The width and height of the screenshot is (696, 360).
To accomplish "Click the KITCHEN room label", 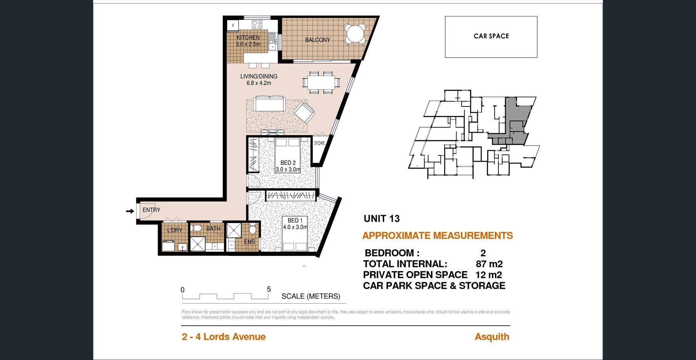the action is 248,37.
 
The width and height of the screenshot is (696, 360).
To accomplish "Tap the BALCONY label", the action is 317,40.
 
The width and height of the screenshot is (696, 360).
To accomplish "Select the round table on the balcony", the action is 355,34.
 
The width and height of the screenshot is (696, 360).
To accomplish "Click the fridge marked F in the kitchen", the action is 233,26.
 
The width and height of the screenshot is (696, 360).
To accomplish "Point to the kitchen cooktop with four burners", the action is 257,25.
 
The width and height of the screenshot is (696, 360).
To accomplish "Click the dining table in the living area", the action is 321,82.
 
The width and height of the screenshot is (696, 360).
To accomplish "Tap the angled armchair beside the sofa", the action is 304,112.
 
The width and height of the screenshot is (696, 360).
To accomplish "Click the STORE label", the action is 319,143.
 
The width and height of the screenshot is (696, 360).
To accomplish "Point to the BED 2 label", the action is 288,163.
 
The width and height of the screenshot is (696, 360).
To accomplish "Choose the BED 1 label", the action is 295,220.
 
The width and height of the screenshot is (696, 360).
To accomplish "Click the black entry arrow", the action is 130,211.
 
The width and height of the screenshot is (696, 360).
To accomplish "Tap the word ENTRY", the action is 151,210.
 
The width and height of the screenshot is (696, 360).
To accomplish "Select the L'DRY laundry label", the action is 175,230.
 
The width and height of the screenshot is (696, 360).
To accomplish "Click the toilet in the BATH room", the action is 197,228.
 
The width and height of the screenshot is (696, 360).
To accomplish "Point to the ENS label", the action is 250,242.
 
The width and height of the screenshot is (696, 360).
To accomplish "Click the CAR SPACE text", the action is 491,36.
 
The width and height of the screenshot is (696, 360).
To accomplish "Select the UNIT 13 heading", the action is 382,219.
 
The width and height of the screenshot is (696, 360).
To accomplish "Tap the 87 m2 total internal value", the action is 489,264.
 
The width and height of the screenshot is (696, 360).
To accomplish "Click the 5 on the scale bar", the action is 269,289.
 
